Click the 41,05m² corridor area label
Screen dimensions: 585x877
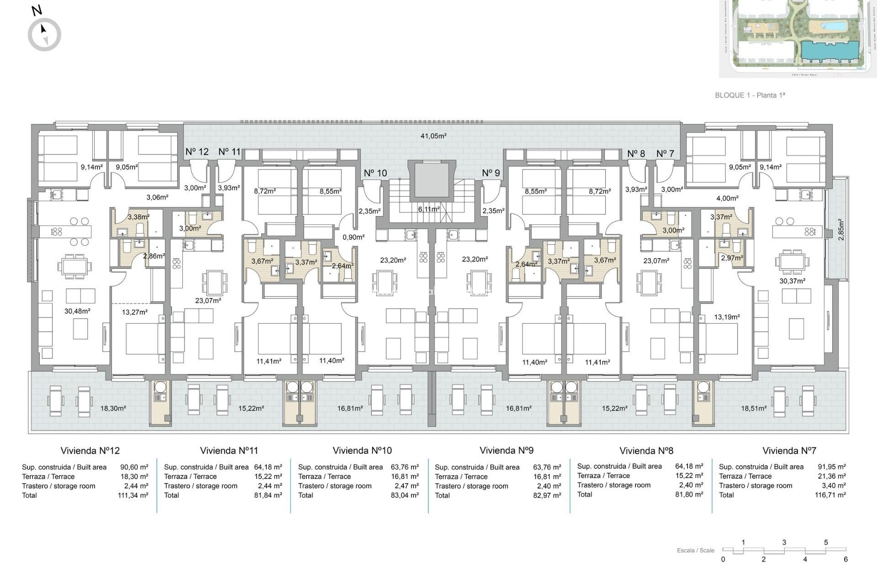(x=433, y=136)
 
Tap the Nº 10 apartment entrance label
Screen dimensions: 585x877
(x=375, y=173)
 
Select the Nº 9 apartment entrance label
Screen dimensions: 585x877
(x=491, y=173)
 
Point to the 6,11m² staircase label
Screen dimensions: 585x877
(x=428, y=209)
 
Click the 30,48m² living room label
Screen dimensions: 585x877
(x=77, y=311)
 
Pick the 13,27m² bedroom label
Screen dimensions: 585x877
(x=134, y=312)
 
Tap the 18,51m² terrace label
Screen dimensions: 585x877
(x=753, y=409)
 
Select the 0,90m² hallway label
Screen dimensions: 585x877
(x=353, y=237)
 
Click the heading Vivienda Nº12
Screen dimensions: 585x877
(x=90, y=451)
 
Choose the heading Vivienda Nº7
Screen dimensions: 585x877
(x=789, y=451)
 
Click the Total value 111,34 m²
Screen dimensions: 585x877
(x=133, y=495)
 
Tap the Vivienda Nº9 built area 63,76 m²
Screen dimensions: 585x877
(x=547, y=467)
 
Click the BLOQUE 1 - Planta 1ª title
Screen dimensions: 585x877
(x=750, y=95)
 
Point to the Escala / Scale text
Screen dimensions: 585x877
(x=695, y=550)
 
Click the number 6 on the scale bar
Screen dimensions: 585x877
(x=845, y=559)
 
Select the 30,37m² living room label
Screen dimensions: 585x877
(x=792, y=281)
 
